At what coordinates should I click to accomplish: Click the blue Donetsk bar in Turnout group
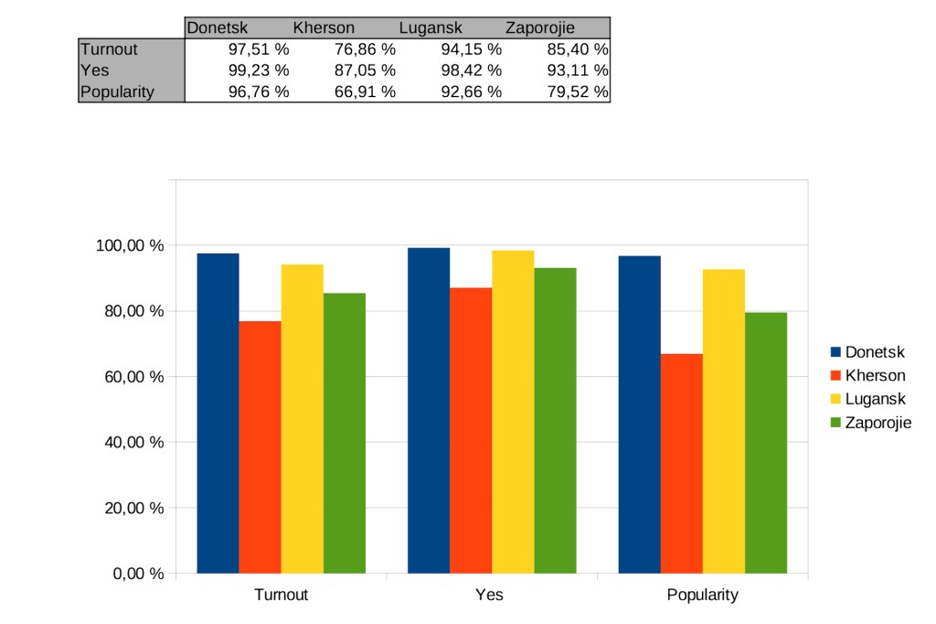[218, 413]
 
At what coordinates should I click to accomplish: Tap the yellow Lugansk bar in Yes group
[513, 412]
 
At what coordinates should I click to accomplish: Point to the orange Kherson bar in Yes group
[471, 430]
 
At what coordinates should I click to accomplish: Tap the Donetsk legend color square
[835, 352]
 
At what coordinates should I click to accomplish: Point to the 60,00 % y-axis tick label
[132, 377]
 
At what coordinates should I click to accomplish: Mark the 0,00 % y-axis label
[138, 574]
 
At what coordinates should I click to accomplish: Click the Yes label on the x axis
[489, 595]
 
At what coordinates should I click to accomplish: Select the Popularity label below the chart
[702, 595]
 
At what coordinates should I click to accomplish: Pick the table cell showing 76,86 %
[364, 49]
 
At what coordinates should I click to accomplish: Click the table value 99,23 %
[258, 70]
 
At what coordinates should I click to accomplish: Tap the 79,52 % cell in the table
[577, 91]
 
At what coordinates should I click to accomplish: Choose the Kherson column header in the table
[324, 28]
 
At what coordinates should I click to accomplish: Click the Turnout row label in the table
[109, 49]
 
